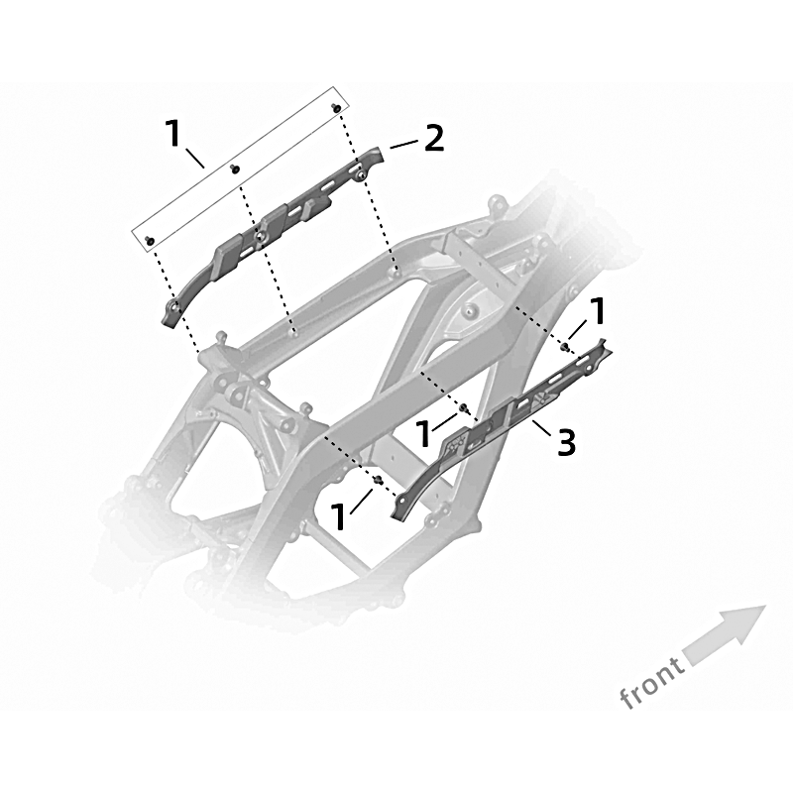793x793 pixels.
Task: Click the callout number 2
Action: pos(434,139)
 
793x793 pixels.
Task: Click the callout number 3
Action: pos(566,441)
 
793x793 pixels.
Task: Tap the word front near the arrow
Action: pos(652,682)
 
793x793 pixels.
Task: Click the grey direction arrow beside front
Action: pos(725,635)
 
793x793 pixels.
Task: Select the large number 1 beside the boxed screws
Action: pos(173,133)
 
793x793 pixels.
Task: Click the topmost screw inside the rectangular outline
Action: pos(335,108)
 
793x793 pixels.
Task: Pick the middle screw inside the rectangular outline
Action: pos(234,168)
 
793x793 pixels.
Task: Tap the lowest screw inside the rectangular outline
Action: pos(150,240)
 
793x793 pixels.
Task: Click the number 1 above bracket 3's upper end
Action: pos(597,311)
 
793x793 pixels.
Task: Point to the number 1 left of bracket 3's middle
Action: pos(424,434)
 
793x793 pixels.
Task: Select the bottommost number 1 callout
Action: pos(338,515)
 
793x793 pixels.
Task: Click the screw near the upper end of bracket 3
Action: pos(565,346)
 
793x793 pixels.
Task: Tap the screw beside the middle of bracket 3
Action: pos(462,407)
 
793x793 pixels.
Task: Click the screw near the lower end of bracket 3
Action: pos(377,480)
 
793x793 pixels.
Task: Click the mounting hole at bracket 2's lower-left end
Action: pos(174,305)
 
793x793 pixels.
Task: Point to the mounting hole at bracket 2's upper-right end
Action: pos(362,175)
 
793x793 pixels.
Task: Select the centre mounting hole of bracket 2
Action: pos(259,236)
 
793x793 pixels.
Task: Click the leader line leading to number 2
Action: pos(404,144)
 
